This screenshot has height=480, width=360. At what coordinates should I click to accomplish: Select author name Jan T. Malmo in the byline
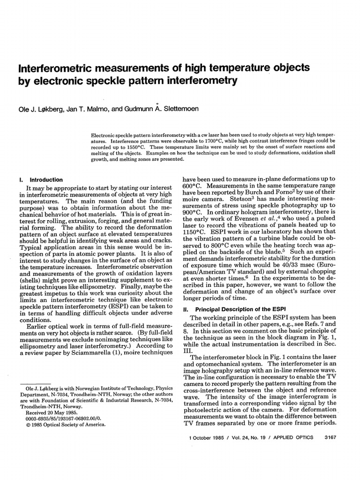(x=92, y=109)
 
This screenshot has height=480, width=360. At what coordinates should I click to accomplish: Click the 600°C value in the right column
(x=192, y=187)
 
